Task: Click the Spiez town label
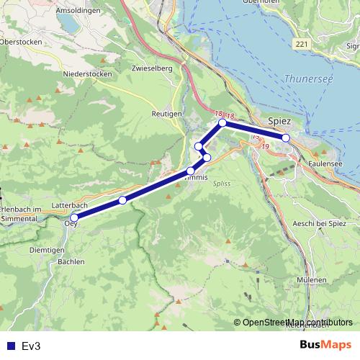coord(279,122)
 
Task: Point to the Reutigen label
coord(166,114)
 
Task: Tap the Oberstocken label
coord(22,42)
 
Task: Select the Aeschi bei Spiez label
coord(320,224)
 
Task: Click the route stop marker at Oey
coord(74,217)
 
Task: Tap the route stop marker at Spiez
coord(285,138)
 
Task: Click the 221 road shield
coord(301,45)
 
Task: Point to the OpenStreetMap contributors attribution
coord(297,322)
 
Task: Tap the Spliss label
coord(222,184)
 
